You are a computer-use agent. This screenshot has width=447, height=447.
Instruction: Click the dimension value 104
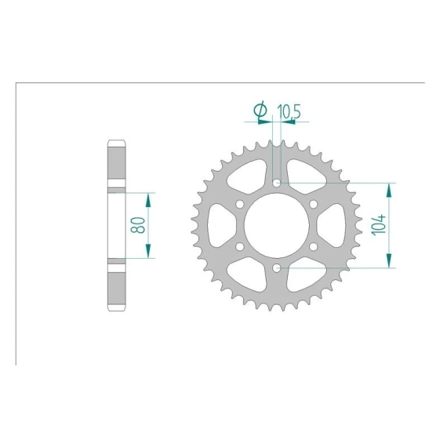tap(379, 225)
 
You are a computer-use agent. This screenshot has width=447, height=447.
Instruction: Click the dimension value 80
tap(138, 225)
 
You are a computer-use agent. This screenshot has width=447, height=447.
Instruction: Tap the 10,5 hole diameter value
tap(289, 111)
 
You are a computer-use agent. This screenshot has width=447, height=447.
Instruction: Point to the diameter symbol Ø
tap(260, 110)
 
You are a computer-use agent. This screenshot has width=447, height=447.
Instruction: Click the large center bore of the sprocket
tap(277, 225)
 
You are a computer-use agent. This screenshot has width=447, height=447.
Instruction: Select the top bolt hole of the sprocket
tap(277, 183)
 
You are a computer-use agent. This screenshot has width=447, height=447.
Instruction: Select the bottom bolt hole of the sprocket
tap(277, 267)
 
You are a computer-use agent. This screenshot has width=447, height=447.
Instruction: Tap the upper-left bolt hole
tap(240, 205)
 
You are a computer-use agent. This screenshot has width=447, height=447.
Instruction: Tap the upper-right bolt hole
tap(314, 205)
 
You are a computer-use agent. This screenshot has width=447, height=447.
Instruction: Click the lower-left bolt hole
tap(240, 246)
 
